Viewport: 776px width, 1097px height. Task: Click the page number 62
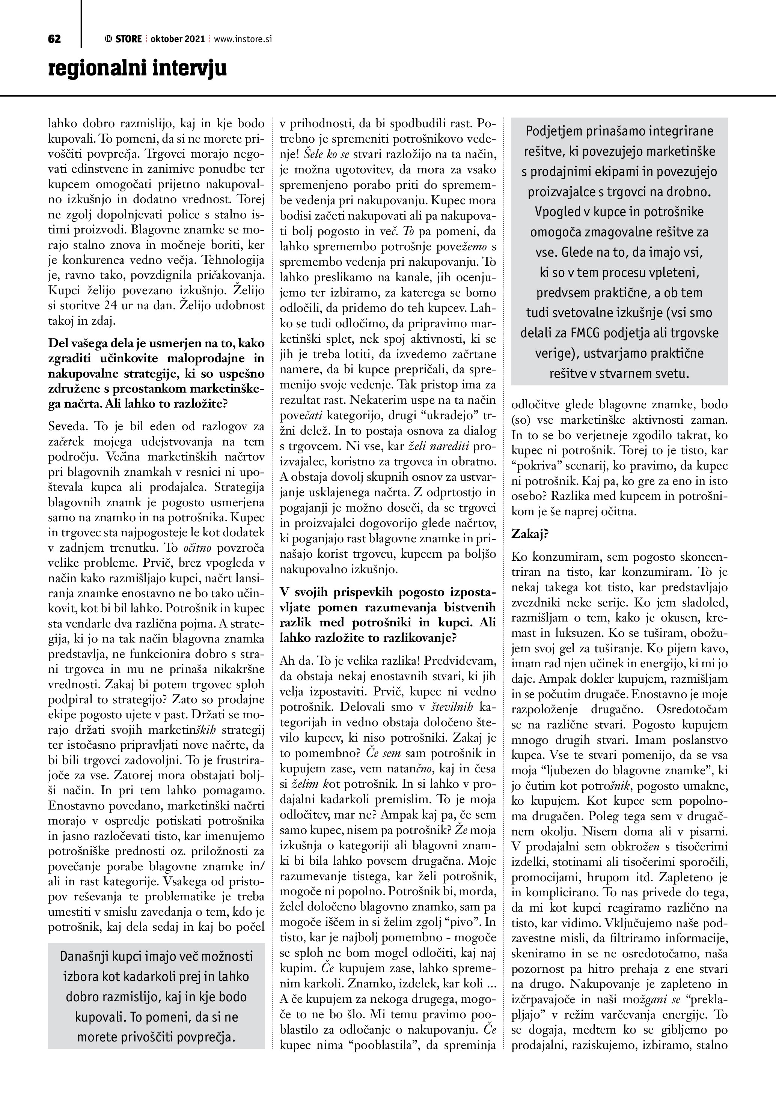(54, 39)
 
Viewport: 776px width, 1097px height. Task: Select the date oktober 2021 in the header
(177, 39)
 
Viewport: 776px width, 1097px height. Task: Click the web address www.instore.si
(243, 39)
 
